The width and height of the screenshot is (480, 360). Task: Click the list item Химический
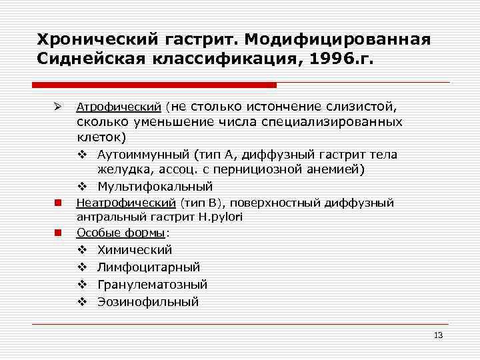[135, 250]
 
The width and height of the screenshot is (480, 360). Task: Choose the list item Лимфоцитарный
[149, 267]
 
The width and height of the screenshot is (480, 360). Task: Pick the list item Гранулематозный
[152, 285]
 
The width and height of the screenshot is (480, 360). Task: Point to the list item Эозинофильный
[148, 302]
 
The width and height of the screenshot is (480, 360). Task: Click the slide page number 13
[438, 335]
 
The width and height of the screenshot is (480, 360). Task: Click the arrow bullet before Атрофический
[58, 107]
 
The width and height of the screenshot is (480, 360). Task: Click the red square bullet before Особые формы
[58, 233]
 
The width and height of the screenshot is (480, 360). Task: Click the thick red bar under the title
[154, 85]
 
